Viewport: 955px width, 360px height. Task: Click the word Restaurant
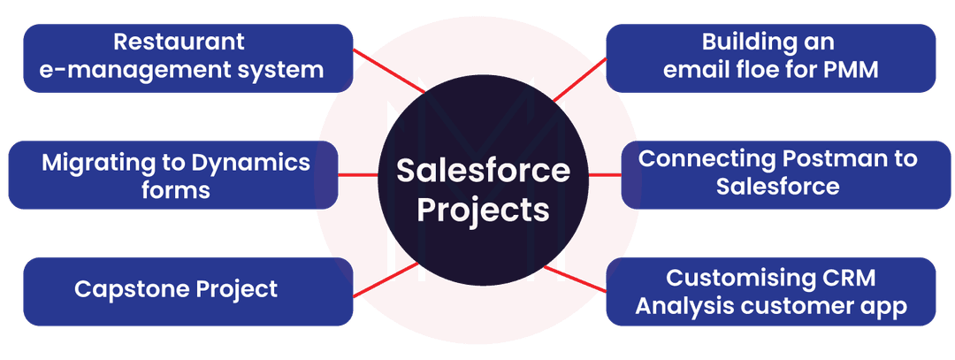[x=179, y=42]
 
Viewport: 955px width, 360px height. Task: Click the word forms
[x=175, y=190]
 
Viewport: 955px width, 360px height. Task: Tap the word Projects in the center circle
[x=483, y=211]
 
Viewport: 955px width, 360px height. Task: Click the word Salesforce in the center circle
[x=483, y=170]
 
